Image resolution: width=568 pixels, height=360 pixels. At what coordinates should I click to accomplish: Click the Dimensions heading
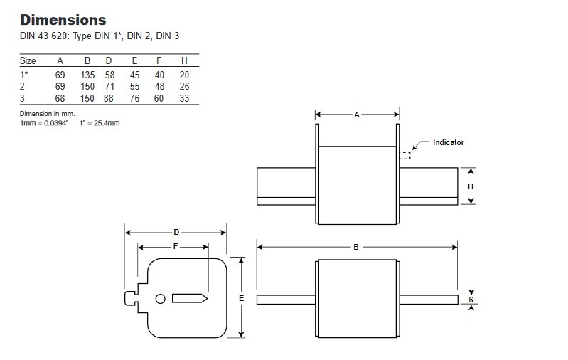tap(63, 20)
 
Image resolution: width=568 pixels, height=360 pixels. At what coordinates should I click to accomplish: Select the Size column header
tap(28, 60)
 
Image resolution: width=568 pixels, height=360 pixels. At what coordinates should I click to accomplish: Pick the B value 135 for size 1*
tap(87, 75)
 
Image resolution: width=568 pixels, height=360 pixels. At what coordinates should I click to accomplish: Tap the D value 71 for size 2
tap(109, 86)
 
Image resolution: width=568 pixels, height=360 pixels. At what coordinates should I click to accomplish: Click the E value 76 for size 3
tap(134, 98)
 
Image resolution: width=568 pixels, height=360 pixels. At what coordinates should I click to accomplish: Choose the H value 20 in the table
tap(184, 75)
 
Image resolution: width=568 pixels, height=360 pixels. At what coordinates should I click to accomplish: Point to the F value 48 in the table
tap(159, 86)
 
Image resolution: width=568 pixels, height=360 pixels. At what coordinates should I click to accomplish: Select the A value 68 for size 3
tap(60, 98)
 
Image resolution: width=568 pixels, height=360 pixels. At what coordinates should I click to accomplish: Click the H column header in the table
tap(184, 60)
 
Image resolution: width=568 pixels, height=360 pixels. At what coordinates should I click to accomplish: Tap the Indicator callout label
tap(448, 142)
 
